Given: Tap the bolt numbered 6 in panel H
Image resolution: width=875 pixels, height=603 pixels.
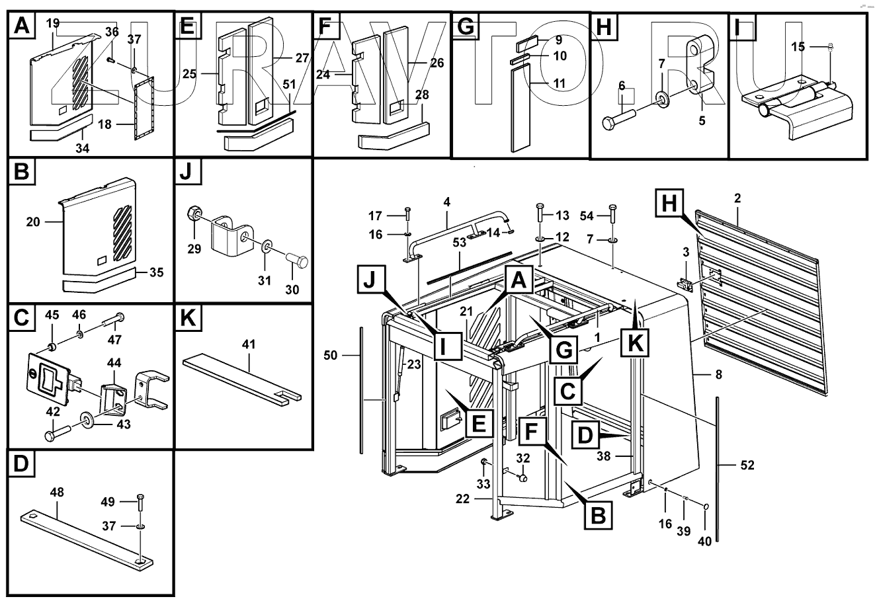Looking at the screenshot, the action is click(620, 118).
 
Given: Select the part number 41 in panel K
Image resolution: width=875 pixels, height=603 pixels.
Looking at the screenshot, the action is click(249, 344).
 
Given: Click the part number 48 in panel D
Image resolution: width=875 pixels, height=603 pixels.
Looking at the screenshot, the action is click(57, 492).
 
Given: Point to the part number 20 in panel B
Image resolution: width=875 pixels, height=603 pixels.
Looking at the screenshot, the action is click(33, 222).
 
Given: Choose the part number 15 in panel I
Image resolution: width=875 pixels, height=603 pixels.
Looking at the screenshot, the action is click(798, 47).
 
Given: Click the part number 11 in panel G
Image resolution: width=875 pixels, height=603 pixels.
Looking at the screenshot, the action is click(560, 83).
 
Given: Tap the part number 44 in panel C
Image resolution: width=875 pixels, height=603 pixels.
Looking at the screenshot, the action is click(114, 363).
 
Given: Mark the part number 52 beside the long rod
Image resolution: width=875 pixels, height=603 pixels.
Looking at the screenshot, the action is click(747, 465).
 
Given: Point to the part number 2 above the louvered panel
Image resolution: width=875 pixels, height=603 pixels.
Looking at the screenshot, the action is click(737, 198).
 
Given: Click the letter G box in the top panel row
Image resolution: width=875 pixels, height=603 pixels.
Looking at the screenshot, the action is click(465, 26).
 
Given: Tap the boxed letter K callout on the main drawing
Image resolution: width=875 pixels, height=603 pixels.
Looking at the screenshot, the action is click(635, 343).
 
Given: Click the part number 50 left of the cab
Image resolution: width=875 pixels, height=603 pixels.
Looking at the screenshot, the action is click(331, 356).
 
